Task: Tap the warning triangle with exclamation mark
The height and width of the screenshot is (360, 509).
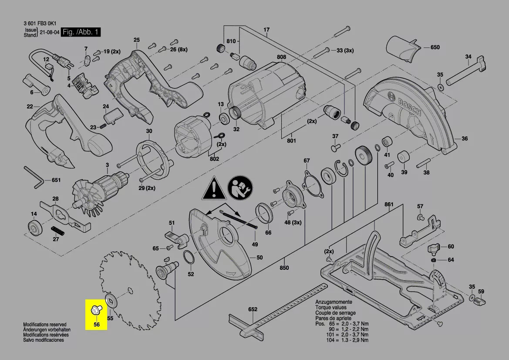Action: [213, 188]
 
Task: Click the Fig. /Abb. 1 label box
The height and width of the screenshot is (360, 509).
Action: [81, 32]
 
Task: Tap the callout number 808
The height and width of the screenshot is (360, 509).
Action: [281, 57]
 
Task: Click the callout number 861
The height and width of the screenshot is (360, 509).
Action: [388, 204]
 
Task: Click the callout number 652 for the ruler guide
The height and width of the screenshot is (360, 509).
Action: [253, 309]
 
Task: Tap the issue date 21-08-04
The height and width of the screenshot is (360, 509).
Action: [49, 33]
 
